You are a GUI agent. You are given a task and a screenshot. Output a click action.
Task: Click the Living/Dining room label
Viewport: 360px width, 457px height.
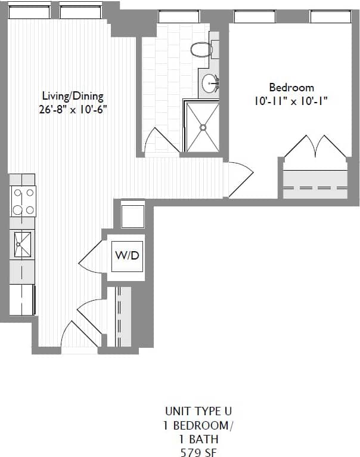pos(73,95)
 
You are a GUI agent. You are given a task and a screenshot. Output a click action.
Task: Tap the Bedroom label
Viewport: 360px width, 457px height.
pos(291,88)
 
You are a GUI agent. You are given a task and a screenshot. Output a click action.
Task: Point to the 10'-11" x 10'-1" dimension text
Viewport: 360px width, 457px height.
pos(291,101)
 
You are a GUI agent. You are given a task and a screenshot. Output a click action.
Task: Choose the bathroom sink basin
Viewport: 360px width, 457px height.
pos(210,84)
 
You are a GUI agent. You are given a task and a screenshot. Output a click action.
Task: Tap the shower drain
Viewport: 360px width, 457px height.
pos(203,126)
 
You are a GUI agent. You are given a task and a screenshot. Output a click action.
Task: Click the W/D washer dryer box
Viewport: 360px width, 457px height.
pos(126,256)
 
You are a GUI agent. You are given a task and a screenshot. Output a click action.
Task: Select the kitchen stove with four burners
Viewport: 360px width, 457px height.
pos(23,201)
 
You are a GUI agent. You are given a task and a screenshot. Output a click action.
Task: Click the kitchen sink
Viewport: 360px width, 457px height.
pos(23,245)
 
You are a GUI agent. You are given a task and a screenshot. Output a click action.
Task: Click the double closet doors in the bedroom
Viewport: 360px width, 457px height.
pos(315,148)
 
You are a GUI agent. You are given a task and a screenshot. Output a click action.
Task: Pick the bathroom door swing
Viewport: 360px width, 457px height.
pos(160,141)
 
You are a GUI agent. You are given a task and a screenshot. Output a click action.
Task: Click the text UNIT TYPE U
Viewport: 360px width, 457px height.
pos(198,411)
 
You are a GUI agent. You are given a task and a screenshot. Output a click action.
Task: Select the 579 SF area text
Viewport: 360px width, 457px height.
pos(198,452)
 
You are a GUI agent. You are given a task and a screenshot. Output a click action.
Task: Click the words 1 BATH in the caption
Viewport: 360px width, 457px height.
pos(198,439)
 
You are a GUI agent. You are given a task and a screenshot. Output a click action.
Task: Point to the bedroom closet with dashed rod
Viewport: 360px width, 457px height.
pos(315,185)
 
